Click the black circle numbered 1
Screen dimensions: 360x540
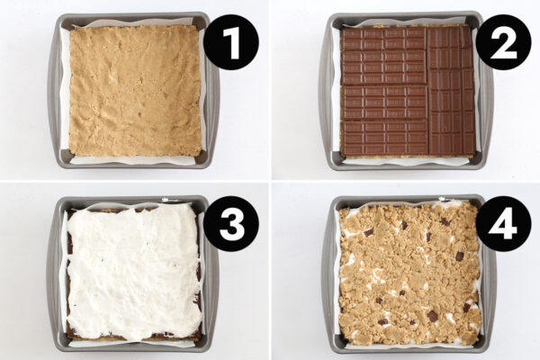230,42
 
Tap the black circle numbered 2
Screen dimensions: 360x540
502,42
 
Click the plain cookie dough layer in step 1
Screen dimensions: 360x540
135,90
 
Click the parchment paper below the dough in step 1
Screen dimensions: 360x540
135,160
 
